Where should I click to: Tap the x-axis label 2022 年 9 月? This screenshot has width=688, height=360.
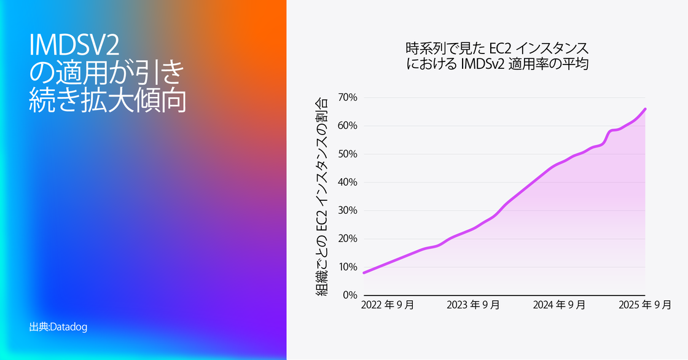click(387, 305)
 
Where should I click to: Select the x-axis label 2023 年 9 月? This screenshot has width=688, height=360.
click(473, 305)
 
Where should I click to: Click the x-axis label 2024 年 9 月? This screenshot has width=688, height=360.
click(559, 305)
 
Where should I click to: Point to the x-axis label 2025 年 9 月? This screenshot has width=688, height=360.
click(644, 305)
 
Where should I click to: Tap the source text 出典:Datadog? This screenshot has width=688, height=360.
click(58, 327)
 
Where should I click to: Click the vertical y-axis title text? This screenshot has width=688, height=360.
click(322, 197)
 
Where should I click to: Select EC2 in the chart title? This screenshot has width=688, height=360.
click(499, 48)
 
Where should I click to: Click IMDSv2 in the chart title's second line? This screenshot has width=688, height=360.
click(475, 63)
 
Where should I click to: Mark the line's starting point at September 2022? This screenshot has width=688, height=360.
click(364, 272)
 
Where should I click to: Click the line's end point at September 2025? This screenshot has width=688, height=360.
click(646, 109)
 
